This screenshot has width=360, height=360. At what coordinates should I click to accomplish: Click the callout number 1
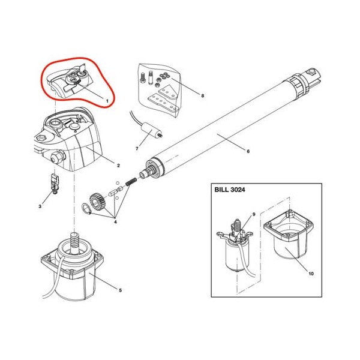107,101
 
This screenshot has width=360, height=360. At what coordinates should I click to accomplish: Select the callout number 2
118,166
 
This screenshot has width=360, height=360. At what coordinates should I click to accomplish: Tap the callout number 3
40,206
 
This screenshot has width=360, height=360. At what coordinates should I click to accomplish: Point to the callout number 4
115,222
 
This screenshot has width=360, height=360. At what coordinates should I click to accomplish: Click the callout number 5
120,290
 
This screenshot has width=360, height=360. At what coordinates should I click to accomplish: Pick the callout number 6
248,151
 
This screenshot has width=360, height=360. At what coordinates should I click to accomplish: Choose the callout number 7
137,149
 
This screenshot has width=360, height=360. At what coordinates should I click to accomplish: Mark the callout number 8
202,95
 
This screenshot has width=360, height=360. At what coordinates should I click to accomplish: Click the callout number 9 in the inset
254,214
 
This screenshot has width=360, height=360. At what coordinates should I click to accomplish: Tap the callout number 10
311,274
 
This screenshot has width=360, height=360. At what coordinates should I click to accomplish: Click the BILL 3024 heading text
230,190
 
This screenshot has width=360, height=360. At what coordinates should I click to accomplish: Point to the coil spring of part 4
131,182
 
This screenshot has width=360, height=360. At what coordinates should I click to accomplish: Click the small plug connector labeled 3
55,184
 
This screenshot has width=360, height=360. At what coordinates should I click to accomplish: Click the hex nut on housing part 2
56,158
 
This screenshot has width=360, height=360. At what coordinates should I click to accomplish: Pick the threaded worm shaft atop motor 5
74,242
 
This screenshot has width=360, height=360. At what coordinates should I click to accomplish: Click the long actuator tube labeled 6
230,125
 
